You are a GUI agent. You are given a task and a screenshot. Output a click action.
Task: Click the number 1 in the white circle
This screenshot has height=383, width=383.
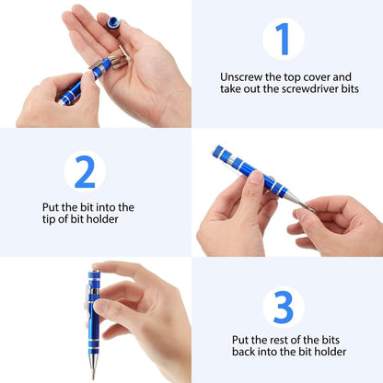point(283,40)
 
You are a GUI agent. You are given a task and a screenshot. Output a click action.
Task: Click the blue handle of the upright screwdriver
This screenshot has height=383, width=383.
point(93,304)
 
